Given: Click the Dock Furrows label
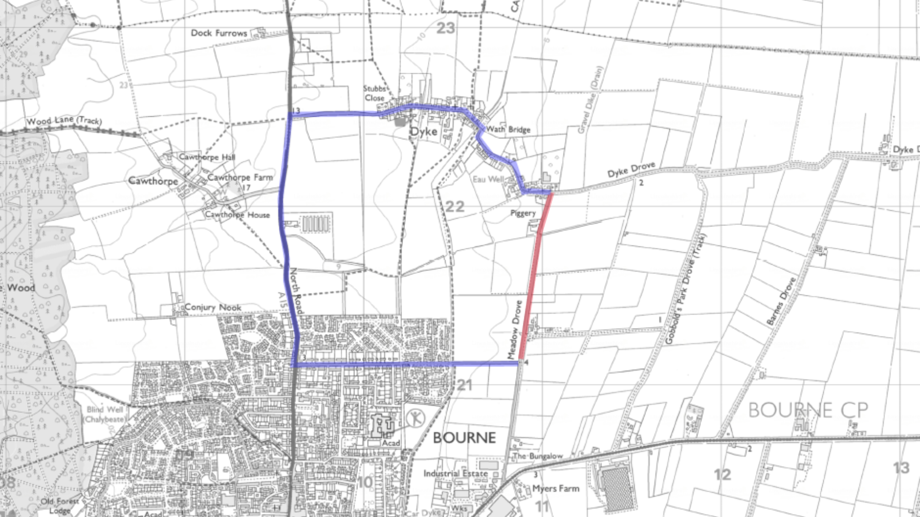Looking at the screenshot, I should tap(219, 33).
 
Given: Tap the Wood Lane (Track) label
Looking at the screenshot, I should tap(64, 121).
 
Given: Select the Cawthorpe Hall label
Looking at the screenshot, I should tap(207, 157).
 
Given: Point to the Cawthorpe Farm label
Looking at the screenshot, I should tap(240, 177).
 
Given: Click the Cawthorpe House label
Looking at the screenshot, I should tap(238, 215).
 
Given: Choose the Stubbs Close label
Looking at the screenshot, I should tap(374, 93).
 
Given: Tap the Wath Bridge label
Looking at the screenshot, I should tap(508, 129).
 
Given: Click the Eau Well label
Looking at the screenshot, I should tap(488, 179).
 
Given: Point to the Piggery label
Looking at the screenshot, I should tap(523, 213).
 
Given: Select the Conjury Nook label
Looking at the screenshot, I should tap(213, 307).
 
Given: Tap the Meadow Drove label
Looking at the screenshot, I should tap(515, 329).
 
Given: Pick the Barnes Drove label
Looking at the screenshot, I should tap(781, 302).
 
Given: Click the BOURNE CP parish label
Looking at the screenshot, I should tap(808, 410).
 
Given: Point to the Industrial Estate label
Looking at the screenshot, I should tap(455, 473).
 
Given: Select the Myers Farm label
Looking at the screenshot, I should tap(556, 489).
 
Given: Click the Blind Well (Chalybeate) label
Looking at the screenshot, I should tap(105, 414).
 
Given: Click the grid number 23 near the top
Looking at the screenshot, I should tap(446, 29).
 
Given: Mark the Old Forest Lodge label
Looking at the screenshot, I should tap(60, 506).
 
